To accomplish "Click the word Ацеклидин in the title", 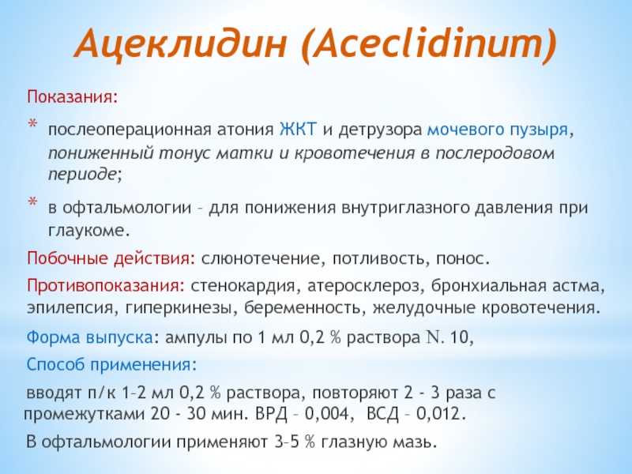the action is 181,42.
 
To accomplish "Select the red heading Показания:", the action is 73,97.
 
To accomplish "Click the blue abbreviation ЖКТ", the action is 299,130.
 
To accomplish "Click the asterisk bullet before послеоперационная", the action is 32,124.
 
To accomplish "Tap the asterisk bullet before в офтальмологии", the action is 32,201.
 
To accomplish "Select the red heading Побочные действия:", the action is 111,258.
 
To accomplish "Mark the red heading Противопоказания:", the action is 106,286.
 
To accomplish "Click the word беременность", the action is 303,308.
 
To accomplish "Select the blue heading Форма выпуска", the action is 89,337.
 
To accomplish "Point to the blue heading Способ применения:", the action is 111,365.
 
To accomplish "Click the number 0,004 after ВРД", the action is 326,414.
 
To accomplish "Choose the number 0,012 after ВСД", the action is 438,414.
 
